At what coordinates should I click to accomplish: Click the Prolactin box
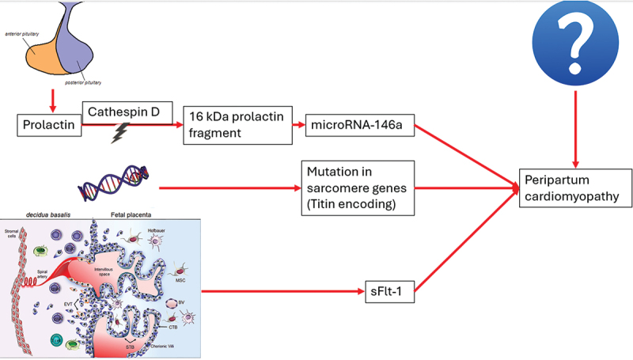pyautogui.click(x=49, y=125)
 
